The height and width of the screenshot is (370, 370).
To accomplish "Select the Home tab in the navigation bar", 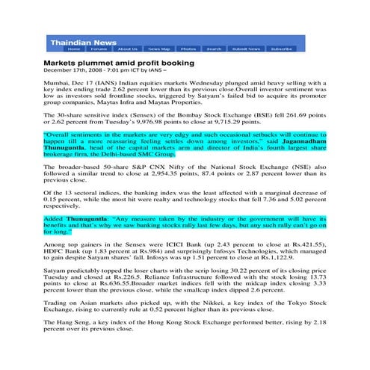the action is (74, 49).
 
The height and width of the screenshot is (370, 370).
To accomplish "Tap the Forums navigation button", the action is (99, 49).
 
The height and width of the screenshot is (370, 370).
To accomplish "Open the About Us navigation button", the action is (128, 49).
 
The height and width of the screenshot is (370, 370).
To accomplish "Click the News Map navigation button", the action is (159, 49).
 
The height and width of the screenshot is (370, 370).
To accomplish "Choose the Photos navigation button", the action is (188, 49).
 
